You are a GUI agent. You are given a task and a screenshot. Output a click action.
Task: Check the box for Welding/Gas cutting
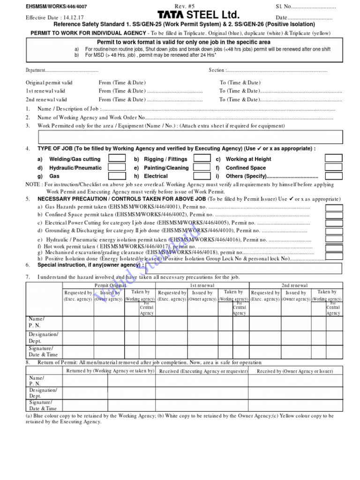(117, 158)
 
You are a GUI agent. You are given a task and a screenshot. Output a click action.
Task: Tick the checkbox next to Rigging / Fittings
(202, 158)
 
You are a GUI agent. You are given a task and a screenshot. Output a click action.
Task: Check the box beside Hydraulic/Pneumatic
(117, 167)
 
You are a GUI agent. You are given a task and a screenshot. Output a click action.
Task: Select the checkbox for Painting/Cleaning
(202, 167)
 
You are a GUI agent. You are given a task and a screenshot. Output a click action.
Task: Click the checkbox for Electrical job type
(202, 176)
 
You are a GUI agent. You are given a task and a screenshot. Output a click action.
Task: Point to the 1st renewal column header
(202, 285)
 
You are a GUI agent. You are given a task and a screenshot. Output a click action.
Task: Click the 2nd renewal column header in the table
(295, 285)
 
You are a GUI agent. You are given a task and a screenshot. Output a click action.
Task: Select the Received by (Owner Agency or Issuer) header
(295, 371)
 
